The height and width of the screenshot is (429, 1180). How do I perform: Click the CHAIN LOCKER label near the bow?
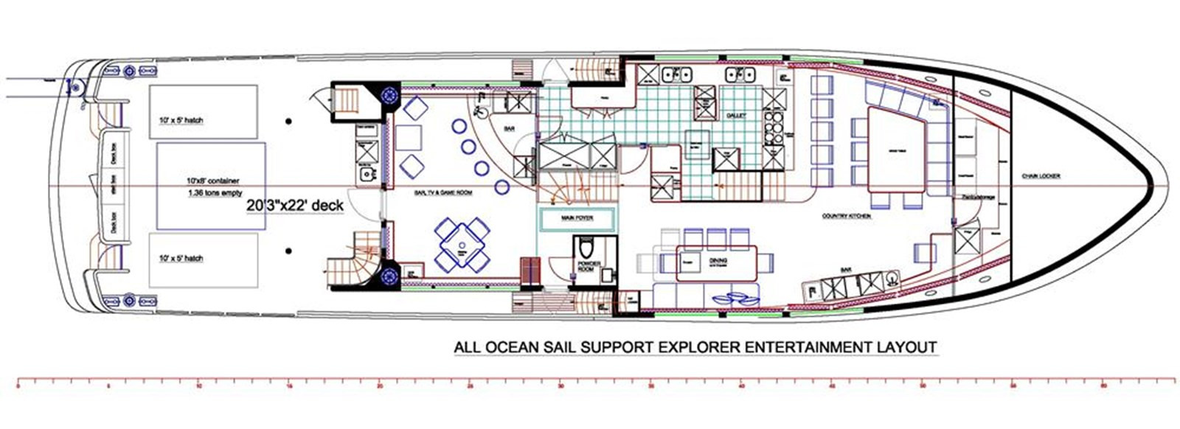pos(1041,176)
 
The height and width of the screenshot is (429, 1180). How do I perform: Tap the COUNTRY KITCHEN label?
pos(847,216)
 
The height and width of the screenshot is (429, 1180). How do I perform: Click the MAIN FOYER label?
pos(577,218)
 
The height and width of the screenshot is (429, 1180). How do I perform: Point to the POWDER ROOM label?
pos(589,266)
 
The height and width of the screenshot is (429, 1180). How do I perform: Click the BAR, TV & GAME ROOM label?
pos(443,192)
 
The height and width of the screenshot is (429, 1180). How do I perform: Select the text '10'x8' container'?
pos(212,180)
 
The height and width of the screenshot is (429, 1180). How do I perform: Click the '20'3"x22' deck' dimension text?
pos(295,206)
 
